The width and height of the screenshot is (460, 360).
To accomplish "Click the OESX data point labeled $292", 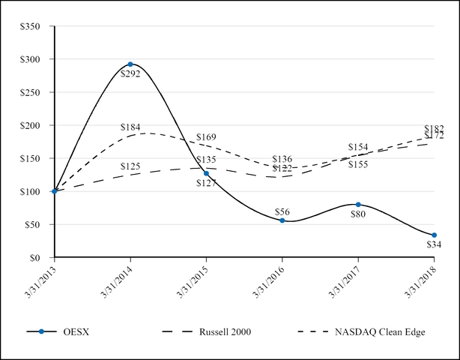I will [130, 64].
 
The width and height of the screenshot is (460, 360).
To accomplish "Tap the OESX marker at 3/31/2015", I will [206, 173].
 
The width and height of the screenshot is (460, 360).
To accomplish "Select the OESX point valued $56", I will [282, 220].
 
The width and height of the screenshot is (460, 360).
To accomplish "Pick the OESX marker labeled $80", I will [358, 204].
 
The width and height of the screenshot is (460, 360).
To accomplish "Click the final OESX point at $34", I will [434, 235].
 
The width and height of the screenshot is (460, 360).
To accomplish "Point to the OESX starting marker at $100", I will [55, 191].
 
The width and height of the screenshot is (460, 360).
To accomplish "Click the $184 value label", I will [130, 127].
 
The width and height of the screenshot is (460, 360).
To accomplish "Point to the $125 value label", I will [130, 166].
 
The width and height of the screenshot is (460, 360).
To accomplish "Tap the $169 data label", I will [206, 137].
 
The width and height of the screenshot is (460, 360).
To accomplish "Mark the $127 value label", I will [206, 184].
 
